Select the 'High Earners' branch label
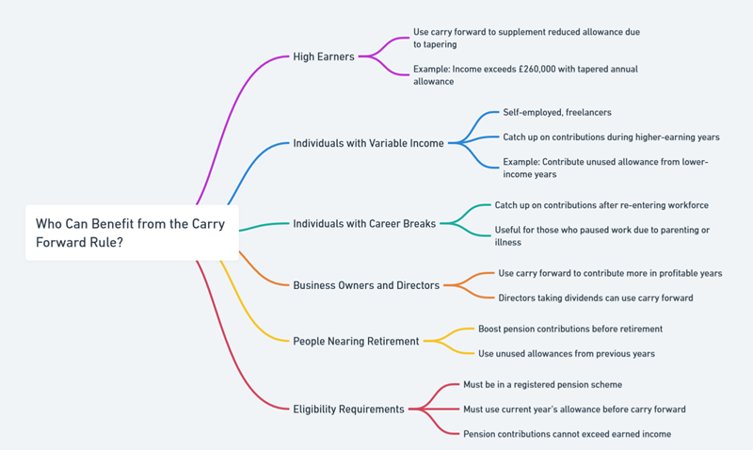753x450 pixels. tap(324, 56)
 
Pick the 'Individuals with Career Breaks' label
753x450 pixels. tap(364, 224)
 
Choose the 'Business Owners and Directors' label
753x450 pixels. tap(366, 285)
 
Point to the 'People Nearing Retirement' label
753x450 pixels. tap(356, 341)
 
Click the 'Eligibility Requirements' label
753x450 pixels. tap(348, 410)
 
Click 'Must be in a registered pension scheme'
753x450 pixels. tap(542, 384)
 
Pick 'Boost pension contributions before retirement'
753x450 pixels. tap(570, 329)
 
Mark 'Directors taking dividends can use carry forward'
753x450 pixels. tap(596, 297)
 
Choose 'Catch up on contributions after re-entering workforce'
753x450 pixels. tap(601, 205)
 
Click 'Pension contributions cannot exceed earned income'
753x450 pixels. tap(567, 434)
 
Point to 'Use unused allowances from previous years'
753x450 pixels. tap(567, 353)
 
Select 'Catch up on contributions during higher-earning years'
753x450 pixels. tap(611, 137)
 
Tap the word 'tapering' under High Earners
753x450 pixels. tap(435, 43)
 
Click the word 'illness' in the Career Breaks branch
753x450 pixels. tap(509, 242)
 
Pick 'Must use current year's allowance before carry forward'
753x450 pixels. tap(574, 410)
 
